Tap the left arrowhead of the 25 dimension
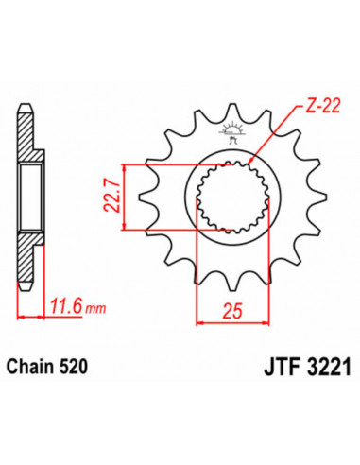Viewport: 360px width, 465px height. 199,322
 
